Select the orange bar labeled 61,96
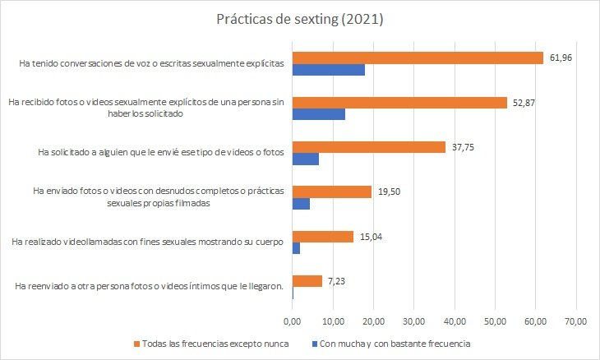tap(418, 58)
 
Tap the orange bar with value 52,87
tap(399, 103)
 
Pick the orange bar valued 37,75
tap(368, 146)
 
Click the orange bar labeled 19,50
tap(331, 192)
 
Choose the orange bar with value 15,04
tap(322, 236)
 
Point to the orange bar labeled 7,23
tap(307, 280)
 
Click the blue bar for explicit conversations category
tap(328, 70)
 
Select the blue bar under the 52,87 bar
tap(318, 115)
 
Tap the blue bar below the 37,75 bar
tap(305, 159)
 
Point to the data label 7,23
tap(336, 280)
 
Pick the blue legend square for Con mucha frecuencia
tap(314, 343)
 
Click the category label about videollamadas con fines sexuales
tap(149, 242)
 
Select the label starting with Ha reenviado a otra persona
tap(150, 286)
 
